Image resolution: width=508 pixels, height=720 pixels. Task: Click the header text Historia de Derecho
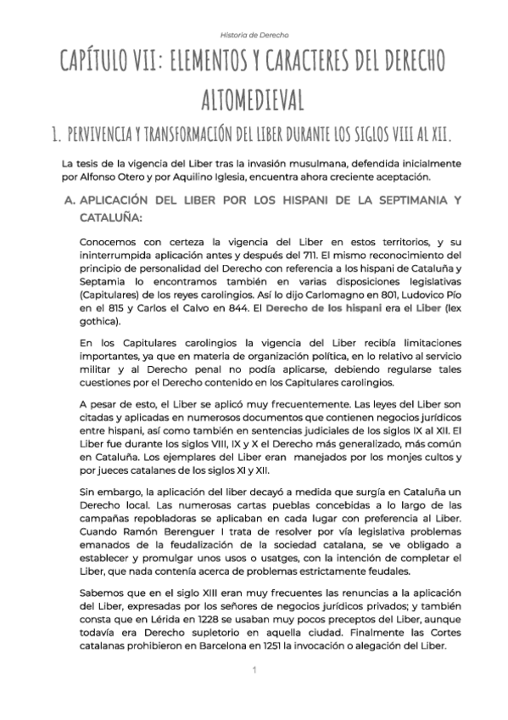point(254,36)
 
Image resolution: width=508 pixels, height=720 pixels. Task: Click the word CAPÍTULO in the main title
point(106,64)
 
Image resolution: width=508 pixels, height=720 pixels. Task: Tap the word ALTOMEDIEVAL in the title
point(254,99)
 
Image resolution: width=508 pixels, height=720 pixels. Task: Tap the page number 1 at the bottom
point(254,671)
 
